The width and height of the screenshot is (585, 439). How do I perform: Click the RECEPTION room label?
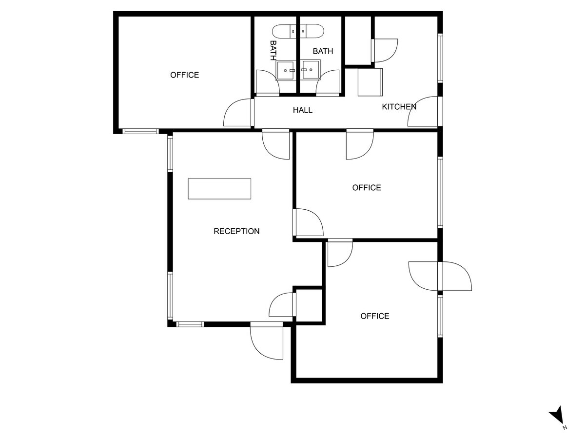236,231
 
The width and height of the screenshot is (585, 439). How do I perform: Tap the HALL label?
302,110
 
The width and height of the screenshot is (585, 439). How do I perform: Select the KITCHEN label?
399,107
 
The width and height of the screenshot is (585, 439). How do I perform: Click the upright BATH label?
323,51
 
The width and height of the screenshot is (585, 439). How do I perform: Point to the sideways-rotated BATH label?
273,50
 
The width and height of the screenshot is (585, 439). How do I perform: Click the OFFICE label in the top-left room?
184,75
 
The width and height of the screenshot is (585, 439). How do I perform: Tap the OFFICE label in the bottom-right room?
374,316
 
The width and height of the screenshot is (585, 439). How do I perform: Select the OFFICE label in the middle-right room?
367,188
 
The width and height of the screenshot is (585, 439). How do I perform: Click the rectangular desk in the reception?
219,189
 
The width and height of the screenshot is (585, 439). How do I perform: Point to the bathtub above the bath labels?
298,32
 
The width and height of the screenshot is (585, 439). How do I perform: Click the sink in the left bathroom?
286,70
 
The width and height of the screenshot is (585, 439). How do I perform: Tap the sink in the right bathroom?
310,70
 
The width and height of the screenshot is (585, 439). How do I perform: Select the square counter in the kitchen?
370,82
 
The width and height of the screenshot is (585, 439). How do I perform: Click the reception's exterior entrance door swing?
267,341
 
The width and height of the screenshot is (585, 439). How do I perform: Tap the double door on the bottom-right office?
440,277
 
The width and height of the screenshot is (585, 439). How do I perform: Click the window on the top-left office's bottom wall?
140,131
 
